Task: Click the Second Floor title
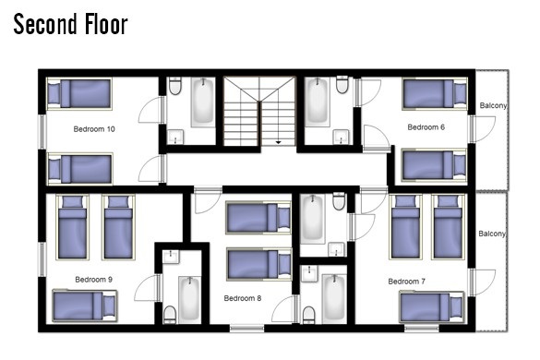[x=70, y=24]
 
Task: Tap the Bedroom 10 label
[x=94, y=129]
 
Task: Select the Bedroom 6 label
[x=426, y=127]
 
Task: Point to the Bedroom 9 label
[x=93, y=280]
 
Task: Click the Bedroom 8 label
[x=243, y=298]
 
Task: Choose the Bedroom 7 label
[x=407, y=282]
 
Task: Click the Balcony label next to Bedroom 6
[x=494, y=105]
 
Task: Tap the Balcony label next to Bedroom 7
[x=492, y=234]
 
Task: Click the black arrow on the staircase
[x=278, y=142]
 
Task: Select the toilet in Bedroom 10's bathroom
[x=175, y=86]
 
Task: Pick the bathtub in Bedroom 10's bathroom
[x=203, y=102]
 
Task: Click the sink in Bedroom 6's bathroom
[x=341, y=137]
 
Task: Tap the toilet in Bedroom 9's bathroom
[x=170, y=315]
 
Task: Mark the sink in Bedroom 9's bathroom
[x=171, y=257]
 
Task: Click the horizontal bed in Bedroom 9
[x=85, y=306]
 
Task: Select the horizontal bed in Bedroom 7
[x=432, y=307]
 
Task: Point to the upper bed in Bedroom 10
[x=79, y=94]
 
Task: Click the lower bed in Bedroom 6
[x=435, y=165]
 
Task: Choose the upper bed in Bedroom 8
[x=258, y=217]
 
